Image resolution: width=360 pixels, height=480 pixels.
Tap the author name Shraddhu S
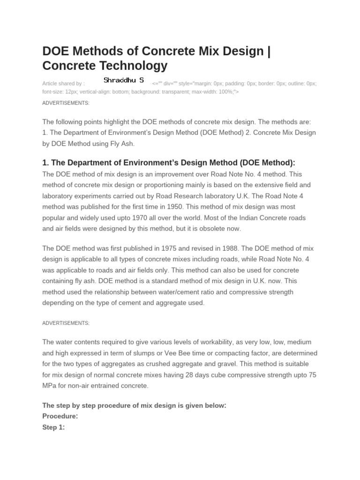coord(124,81)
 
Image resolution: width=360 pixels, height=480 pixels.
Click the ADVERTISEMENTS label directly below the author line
coord(66,103)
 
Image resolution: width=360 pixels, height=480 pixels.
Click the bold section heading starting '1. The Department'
coord(169,163)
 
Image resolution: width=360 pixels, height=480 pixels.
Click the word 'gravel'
coord(218,364)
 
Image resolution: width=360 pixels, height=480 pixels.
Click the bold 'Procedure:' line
coord(60,416)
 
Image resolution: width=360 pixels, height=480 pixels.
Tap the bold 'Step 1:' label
coord(53,427)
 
